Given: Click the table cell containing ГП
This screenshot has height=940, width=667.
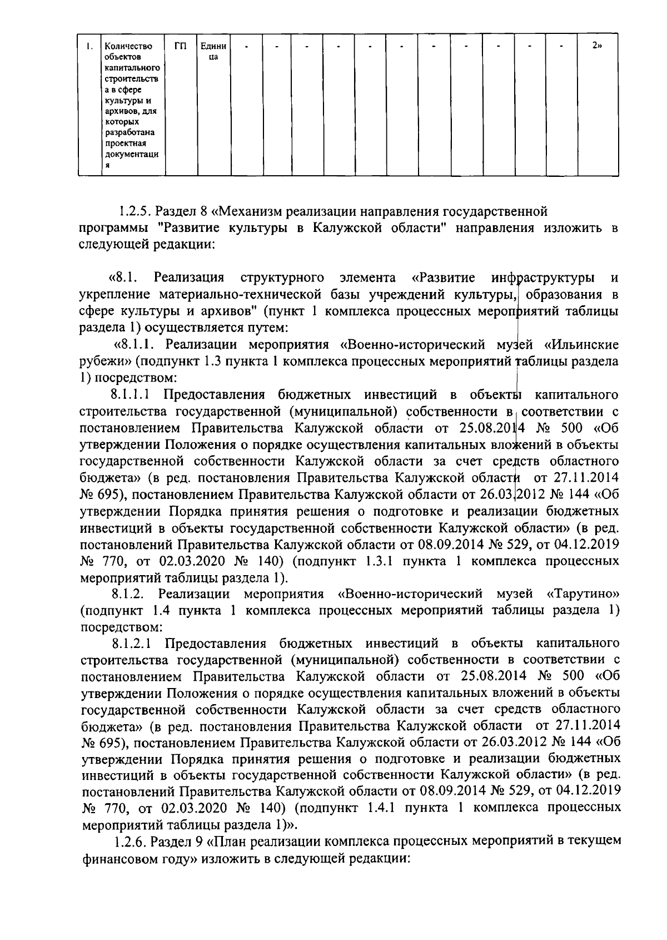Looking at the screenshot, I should (180, 46).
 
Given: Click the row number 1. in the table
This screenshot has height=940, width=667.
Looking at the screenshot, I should (89, 46).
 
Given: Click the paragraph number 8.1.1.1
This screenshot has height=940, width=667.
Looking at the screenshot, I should (131, 395).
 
